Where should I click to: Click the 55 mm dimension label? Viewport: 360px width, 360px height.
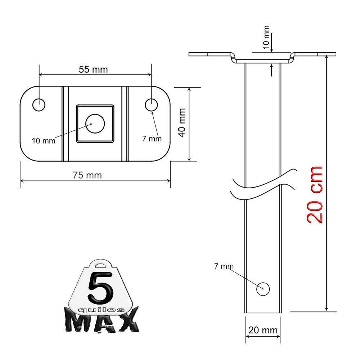[93, 69]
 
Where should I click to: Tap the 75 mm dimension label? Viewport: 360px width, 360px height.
[87, 175]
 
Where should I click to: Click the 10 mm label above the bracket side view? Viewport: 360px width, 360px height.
[266, 37]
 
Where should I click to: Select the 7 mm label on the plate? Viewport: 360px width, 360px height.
[152, 139]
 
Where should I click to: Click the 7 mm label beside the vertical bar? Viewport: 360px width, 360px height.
[224, 266]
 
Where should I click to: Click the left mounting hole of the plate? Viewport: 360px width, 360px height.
[39, 105]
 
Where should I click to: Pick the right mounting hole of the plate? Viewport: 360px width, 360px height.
[151, 105]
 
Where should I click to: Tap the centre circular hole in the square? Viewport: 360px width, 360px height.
[95, 124]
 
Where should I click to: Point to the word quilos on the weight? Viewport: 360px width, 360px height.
[102, 310]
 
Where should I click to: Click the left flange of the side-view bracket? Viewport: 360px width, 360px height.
[209, 54]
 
